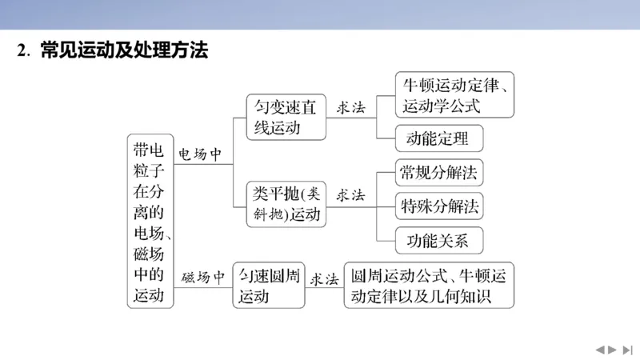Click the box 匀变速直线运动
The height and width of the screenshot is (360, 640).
tap(286, 118)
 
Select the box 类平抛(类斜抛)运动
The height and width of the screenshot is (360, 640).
tap(286, 205)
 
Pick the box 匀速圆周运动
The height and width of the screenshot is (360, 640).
tap(269, 286)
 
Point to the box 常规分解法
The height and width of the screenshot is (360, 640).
tap(439, 172)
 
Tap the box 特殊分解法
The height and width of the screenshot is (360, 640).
tap(439, 206)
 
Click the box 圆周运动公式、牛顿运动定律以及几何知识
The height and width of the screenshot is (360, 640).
tap(428, 286)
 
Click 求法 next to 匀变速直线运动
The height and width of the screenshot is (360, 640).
tap(350, 108)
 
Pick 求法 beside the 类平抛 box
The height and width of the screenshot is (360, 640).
tap(350, 195)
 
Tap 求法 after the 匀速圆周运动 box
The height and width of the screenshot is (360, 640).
tap(324, 278)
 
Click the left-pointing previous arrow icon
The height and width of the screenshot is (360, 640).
tap(598, 350)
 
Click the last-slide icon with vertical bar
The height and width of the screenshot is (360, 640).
tap(628, 350)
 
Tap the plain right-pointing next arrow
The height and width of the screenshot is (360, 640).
tap(613, 350)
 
